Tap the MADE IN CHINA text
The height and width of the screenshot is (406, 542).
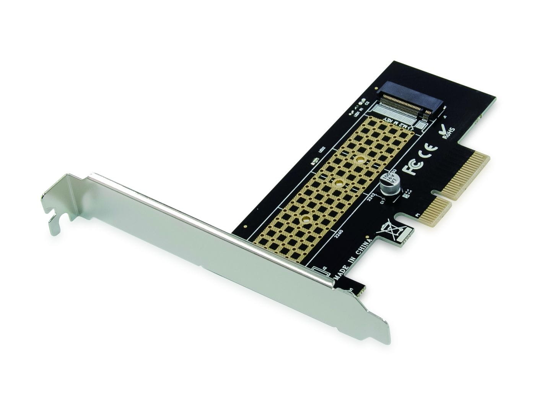pos(353,260)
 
